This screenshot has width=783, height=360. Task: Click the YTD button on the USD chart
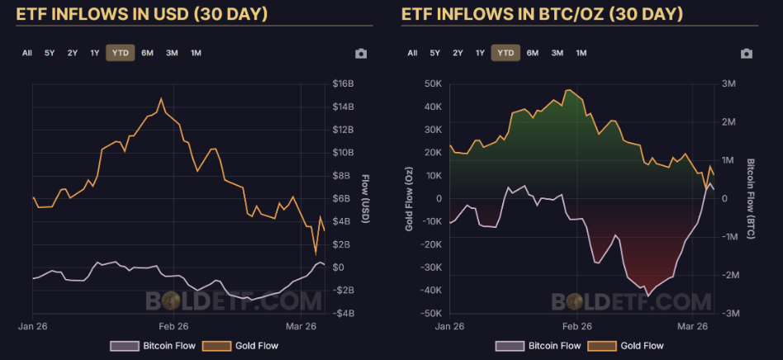pos(120,53)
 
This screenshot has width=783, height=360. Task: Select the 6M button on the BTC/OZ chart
pos(532,53)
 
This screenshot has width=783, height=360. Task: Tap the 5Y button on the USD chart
pos(50,53)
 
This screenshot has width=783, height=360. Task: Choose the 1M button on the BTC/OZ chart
pos(581,53)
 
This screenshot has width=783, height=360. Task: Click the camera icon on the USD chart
pos(361,54)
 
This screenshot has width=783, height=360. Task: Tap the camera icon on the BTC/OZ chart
pos(747,54)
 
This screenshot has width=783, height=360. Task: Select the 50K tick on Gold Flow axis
pos(432,84)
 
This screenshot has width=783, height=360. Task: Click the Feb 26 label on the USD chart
pos(173,326)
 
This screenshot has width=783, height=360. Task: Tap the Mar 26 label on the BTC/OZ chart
pos(694,326)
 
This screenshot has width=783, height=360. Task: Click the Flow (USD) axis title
pos(365,198)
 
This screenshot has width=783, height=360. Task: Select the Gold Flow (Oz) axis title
pos(408,198)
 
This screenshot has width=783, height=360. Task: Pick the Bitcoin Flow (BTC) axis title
pos(751,198)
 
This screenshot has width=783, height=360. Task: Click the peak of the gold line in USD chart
pos(161,98)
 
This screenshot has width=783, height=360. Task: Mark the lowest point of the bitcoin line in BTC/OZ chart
pos(648,295)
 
